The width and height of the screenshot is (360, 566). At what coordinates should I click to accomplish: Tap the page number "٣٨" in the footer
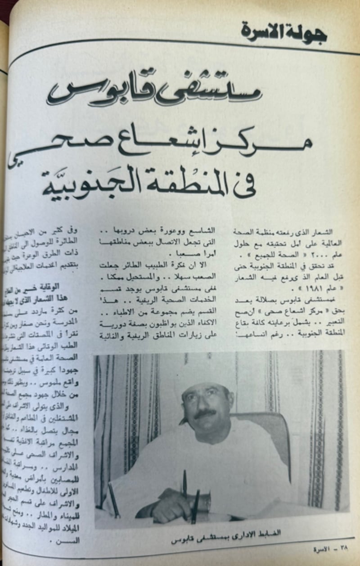coord(344,548)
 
